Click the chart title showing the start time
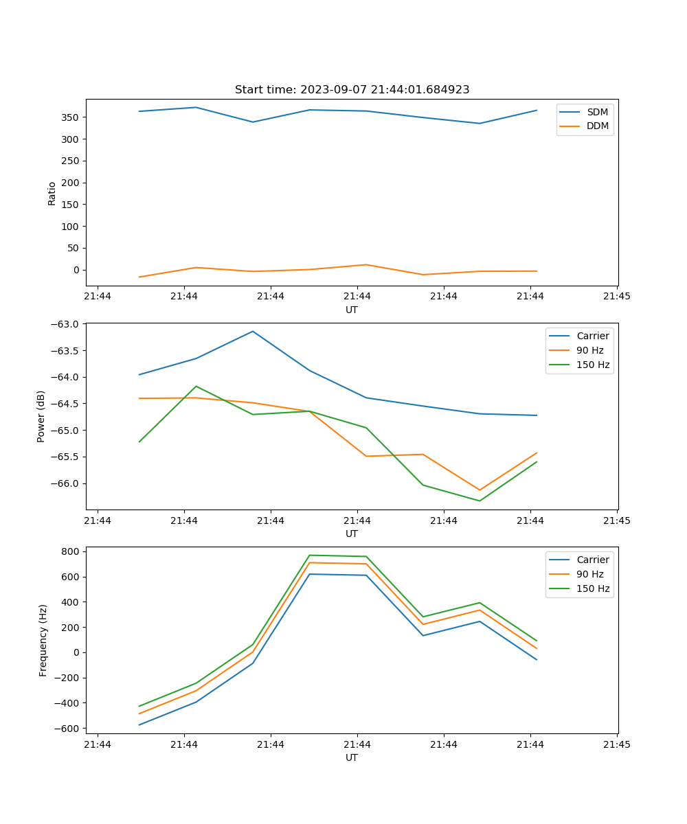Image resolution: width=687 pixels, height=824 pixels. [x=352, y=90]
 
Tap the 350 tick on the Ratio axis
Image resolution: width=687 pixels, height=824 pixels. [x=71, y=117]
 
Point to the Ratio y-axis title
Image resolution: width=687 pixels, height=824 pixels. [x=52, y=193]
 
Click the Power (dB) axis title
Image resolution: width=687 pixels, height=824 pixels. [x=41, y=416]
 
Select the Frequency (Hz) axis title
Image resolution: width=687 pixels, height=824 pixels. [x=43, y=640]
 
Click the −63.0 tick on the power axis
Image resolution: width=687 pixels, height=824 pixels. [x=67, y=324]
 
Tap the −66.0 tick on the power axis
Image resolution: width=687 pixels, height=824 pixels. [x=67, y=483]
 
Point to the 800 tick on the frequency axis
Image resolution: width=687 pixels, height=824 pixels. [x=72, y=551]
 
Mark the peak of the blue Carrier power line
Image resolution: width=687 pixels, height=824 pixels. [x=253, y=331]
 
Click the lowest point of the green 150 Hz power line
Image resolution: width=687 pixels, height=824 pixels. [x=480, y=501]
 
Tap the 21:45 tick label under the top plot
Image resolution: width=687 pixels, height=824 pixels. [x=617, y=297]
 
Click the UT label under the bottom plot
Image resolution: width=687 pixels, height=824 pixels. [x=352, y=757]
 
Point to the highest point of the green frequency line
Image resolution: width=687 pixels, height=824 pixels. [x=310, y=555]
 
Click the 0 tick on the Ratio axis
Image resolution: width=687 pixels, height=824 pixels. [x=77, y=270]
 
